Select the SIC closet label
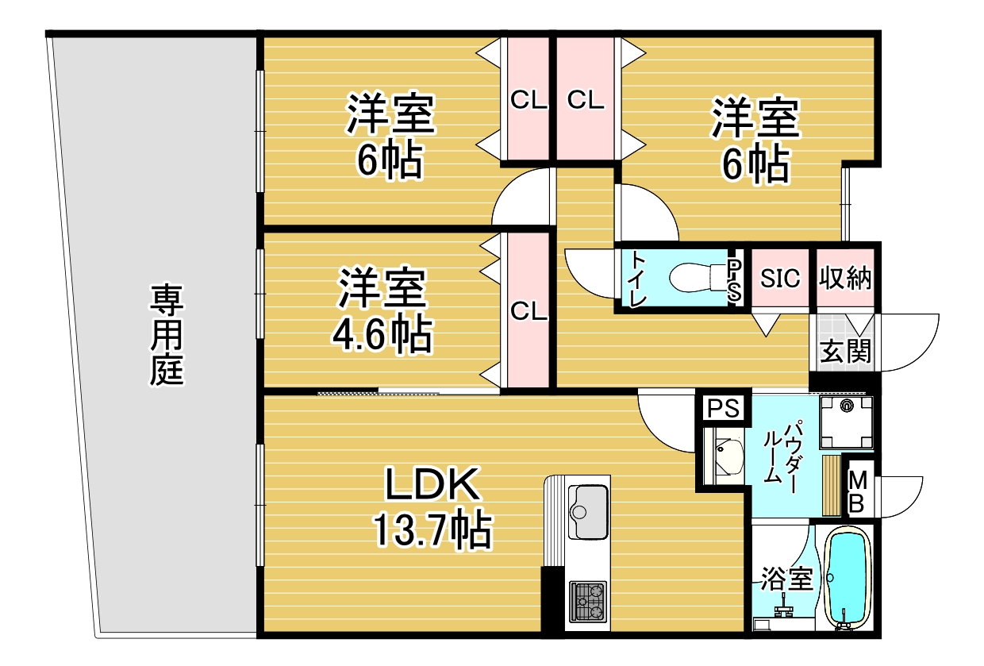click(780, 279)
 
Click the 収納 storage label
click(845, 279)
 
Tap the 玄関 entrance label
click(845, 350)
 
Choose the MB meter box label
click(858, 491)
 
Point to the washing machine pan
click(846, 422)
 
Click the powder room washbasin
click(727, 457)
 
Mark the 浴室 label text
click(786, 579)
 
